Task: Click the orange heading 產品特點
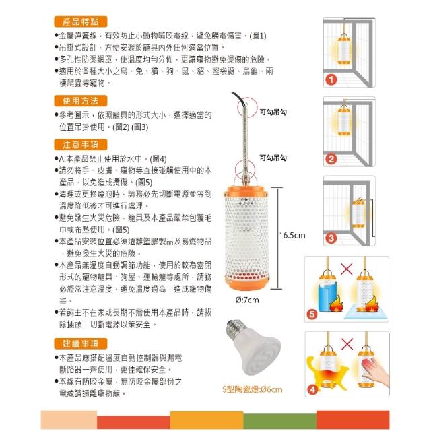(81, 22)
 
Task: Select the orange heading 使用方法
(81, 101)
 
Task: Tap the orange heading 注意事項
(81, 145)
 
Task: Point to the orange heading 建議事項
(81, 343)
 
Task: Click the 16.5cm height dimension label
(292, 235)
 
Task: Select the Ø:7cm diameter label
(247, 300)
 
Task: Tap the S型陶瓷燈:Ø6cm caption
(253, 389)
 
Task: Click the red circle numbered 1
(331, 80)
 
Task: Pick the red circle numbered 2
(331, 159)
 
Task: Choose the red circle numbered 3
(331, 238)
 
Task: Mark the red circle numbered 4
(312, 389)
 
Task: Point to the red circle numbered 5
(312, 314)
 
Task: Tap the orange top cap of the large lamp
(246, 191)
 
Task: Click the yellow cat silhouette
(327, 373)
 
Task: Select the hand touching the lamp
(375, 370)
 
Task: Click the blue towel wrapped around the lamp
(327, 298)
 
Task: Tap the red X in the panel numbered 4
(347, 344)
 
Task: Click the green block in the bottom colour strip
(280, 420)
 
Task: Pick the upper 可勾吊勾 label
(273, 112)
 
